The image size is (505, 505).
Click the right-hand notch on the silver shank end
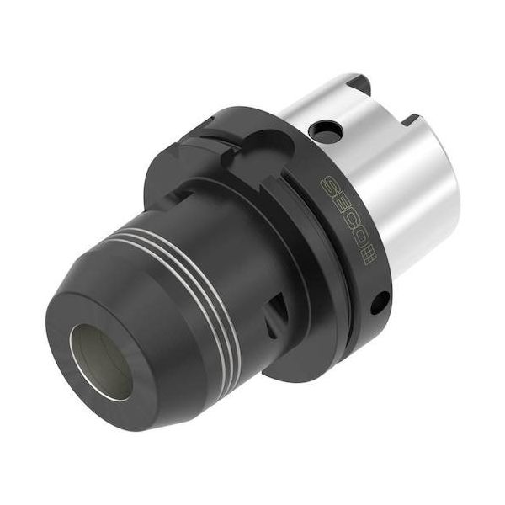tap(412, 120)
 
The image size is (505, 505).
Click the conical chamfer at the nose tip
tap(126, 404)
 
